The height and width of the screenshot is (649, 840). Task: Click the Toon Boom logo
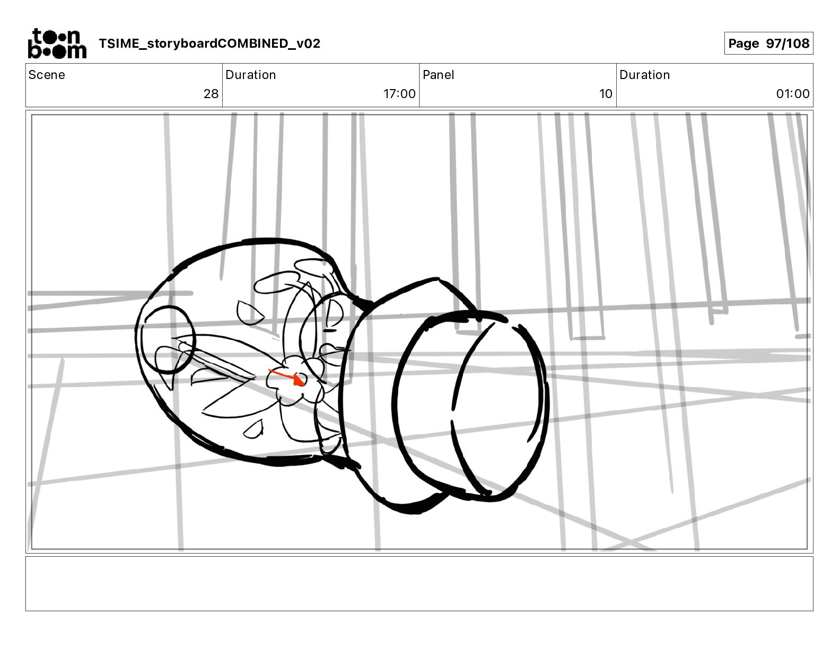57,43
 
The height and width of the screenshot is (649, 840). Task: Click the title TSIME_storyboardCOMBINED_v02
209,43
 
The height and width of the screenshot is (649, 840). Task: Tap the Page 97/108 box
768,43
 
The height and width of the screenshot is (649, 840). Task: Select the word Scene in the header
47,75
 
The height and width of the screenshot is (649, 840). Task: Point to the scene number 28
211,93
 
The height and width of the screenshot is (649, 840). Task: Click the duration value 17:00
399,93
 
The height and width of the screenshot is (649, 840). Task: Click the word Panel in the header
439,75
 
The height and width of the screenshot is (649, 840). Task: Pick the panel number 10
606,93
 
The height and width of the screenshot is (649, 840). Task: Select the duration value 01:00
793,93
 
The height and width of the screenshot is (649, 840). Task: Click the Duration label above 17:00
250,75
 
